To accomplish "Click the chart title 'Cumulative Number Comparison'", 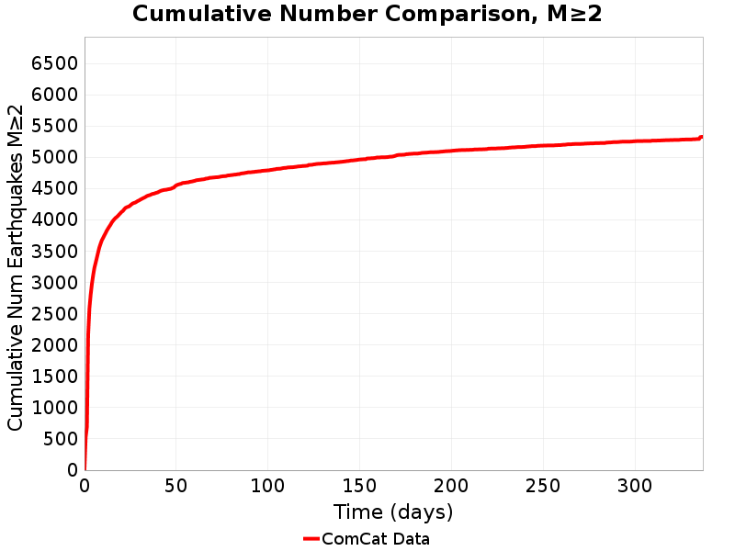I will [367, 14].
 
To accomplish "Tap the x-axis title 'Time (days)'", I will [393, 512].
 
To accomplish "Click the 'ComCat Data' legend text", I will [375, 539].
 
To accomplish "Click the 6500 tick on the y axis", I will [54, 63].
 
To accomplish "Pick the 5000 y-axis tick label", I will [54, 157].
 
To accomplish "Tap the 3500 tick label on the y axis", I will [54, 252].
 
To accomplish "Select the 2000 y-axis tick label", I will [54, 345].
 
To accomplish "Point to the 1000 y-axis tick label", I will [54, 408].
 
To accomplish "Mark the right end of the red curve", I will [702, 137].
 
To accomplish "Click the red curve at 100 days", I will [267, 170].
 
